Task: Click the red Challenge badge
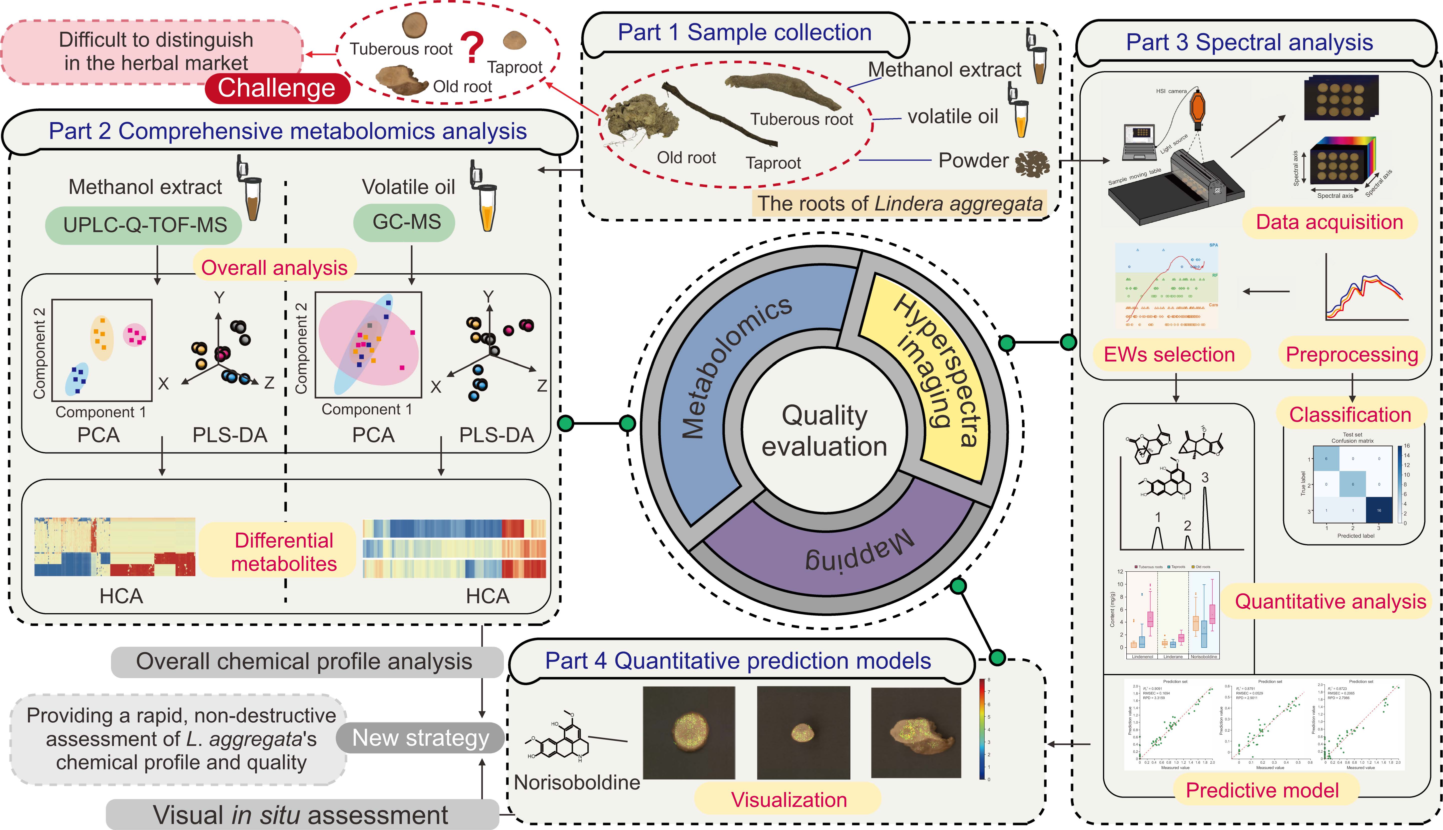(x=277, y=88)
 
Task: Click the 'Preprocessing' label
(x=1351, y=354)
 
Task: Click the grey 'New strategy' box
(x=421, y=738)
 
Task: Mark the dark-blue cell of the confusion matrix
(x=1378, y=510)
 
